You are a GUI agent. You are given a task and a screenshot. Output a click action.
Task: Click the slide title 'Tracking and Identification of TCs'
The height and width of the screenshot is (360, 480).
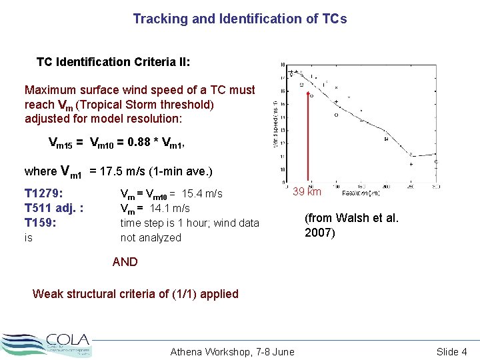(x=240, y=19)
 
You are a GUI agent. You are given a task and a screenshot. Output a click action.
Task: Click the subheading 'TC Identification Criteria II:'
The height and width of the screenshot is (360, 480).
(x=113, y=62)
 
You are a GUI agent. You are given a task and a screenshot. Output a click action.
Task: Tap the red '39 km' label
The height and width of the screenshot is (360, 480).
(x=307, y=192)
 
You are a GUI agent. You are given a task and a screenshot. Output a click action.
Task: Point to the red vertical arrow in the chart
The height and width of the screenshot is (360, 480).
(x=308, y=140)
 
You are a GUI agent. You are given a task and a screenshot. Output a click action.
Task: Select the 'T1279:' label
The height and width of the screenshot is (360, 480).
(x=44, y=193)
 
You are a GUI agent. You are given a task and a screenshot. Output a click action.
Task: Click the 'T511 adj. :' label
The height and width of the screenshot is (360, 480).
(x=54, y=208)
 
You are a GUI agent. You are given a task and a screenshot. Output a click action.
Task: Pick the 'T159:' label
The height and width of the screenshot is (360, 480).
(x=41, y=223)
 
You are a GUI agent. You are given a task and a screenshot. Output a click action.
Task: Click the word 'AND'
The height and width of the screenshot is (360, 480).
(x=125, y=262)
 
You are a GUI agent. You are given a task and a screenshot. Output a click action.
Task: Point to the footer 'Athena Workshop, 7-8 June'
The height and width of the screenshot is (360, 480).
(x=232, y=352)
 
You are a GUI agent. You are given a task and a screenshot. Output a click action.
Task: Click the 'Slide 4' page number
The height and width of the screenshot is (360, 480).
(x=451, y=352)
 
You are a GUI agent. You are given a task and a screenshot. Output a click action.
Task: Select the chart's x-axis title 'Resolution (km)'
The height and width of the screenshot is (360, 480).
(x=361, y=193)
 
